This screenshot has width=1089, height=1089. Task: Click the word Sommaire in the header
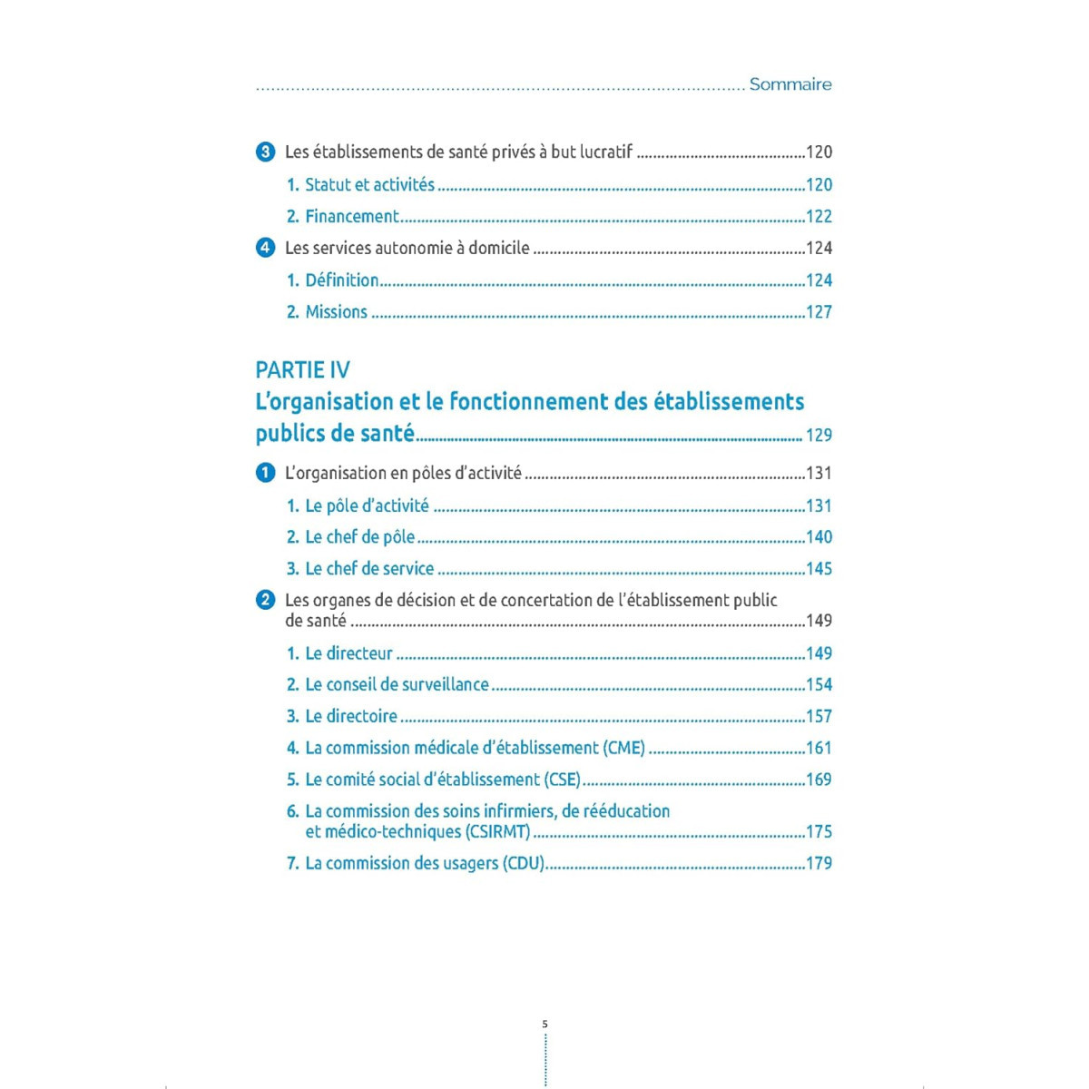pos(790,84)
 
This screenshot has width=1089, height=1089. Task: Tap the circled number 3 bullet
pos(265,152)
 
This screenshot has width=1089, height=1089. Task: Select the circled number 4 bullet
pos(265,248)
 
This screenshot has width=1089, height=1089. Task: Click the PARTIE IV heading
pos(302,369)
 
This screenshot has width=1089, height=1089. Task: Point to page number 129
pos(819,436)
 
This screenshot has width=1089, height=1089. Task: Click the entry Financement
pos(352,217)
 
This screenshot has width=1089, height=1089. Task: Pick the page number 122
pos(819,217)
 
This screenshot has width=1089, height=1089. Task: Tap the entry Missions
pos(336,312)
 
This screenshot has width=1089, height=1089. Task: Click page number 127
pos(819,312)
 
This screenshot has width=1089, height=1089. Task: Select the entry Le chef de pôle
pos(359,537)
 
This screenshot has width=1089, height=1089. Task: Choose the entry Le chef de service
pos(369,569)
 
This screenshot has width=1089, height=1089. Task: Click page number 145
pos(819,569)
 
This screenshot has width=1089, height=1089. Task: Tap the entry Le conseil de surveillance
pos(397,685)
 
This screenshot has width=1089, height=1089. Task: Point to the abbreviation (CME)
pos(623,748)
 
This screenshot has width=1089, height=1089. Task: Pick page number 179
pos(819,863)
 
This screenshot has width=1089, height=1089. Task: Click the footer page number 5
pos(544,1024)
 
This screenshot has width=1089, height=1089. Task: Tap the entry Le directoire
pos(351,717)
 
